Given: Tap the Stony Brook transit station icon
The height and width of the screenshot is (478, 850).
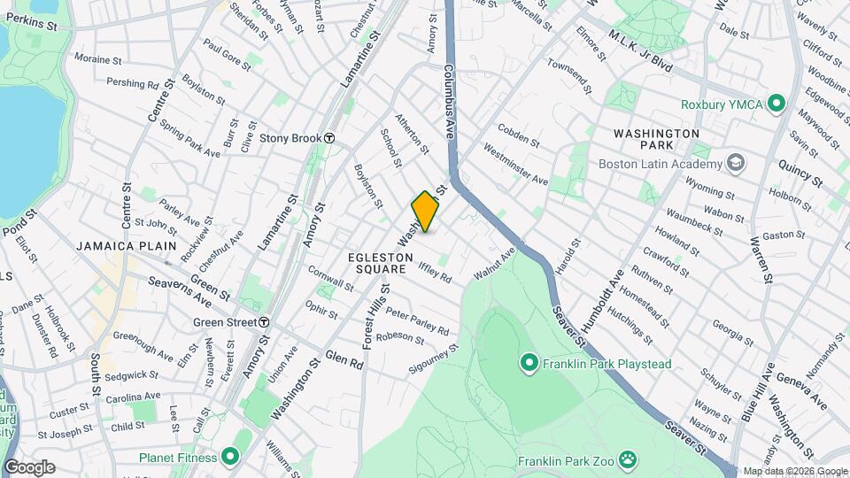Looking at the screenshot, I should [329, 138].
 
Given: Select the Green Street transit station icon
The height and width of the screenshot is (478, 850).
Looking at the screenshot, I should [264, 322].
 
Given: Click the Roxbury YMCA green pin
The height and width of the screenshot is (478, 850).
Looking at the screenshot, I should [777, 104].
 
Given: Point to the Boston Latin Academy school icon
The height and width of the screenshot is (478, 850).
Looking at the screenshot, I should [735, 163].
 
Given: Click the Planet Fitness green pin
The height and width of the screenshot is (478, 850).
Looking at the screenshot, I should [230, 458].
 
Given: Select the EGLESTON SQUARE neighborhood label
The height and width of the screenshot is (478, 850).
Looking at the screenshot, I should [382, 263].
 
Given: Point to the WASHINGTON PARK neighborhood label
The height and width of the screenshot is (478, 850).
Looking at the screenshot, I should [656, 138].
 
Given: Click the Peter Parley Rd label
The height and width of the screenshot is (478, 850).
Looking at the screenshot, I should [417, 322].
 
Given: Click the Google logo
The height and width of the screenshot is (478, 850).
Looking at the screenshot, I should [28, 467].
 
